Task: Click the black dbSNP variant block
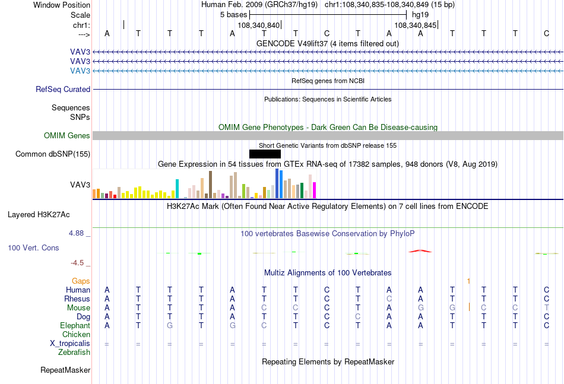coord(265,154)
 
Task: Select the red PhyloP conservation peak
coord(420,251)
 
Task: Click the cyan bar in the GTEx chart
coord(177,189)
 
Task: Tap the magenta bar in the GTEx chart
coord(315,190)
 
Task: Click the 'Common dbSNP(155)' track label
coord(52,154)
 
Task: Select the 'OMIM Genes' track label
coord(67,135)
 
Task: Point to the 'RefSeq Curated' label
coord(63,89)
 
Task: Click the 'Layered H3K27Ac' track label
coord(39,215)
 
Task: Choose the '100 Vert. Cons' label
coord(33,247)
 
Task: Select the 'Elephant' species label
coord(75,325)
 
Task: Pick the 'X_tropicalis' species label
coord(70,344)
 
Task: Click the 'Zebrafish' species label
coord(74,353)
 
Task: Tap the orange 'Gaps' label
coord(81,281)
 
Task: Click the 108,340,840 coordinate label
coord(259,25)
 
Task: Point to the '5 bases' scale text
coord(234,15)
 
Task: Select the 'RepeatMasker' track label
coord(65,370)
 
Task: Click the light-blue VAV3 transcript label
coord(80,71)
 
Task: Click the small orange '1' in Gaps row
coord(468,281)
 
